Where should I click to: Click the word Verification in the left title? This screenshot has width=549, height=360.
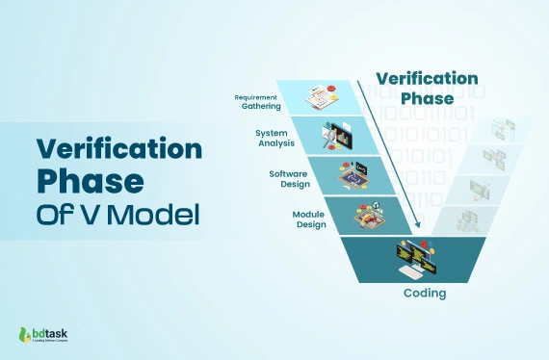click(118, 148)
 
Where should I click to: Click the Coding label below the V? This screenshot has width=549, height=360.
click(424, 292)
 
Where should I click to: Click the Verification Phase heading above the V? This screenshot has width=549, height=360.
click(426, 88)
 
